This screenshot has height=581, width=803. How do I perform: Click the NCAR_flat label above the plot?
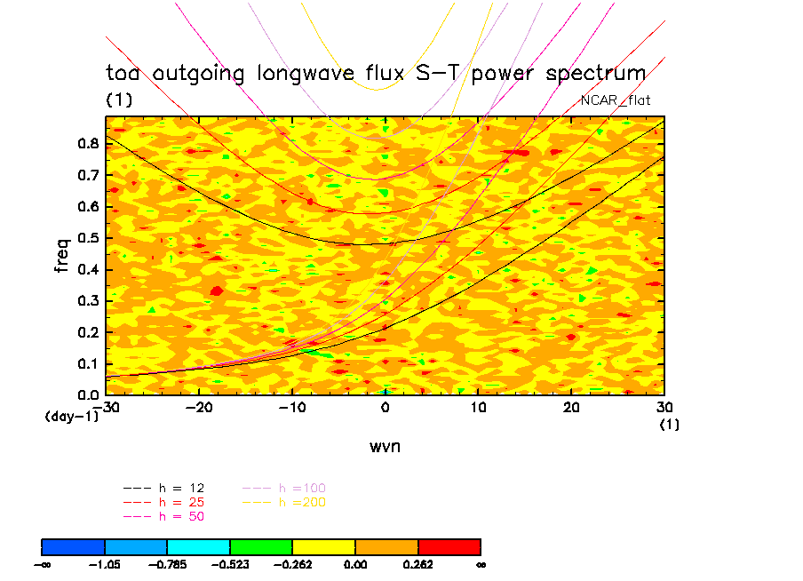tap(615, 100)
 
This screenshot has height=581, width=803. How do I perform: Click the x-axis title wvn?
tap(385, 446)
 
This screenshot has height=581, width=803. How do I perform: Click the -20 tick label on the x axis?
tap(198, 407)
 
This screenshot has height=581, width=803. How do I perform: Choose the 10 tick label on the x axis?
tap(478, 407)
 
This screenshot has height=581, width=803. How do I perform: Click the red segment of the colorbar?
tap(449, 546)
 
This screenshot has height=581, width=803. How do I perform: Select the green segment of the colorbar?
tap(261, 546)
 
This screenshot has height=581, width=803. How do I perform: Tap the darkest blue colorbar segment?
tap(74, 546)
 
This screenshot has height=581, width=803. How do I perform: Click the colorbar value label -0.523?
tap(230, 564)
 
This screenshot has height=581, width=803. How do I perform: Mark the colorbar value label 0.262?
tap(417, 564)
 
